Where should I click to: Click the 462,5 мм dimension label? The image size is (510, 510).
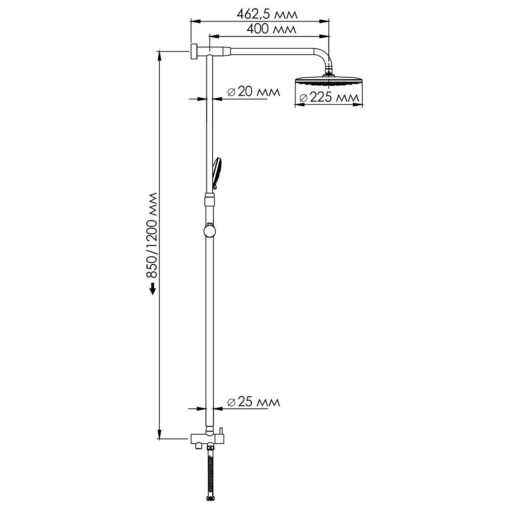(x=267, y=14)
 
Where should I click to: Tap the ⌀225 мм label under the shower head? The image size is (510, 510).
(x=329, y=98)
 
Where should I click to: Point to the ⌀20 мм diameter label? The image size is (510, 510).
(x=253, y=92)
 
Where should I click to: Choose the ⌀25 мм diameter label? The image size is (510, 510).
(x=253, y=402)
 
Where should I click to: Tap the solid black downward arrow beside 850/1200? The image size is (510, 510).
(x=153, y=289)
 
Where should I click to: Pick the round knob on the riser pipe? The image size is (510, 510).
(x=209, y=231)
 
